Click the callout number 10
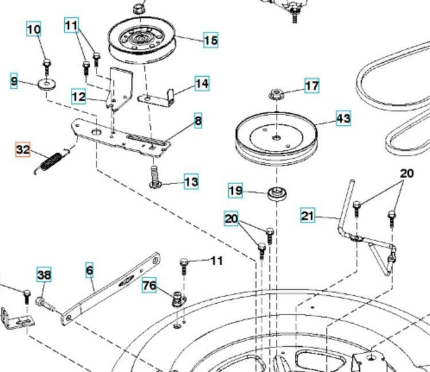(x=34, y=29)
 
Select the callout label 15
(x=210, y=40)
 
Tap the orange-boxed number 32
(x=22, y=150)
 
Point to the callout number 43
(x=343, y=118)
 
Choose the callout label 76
(x=150, y=285)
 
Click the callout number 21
(x=308, y=215)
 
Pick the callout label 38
(x=44, y=274)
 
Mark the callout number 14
(x=202, y=83)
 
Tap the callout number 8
(x=198, y=120)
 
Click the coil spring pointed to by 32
(x=52, y=162)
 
